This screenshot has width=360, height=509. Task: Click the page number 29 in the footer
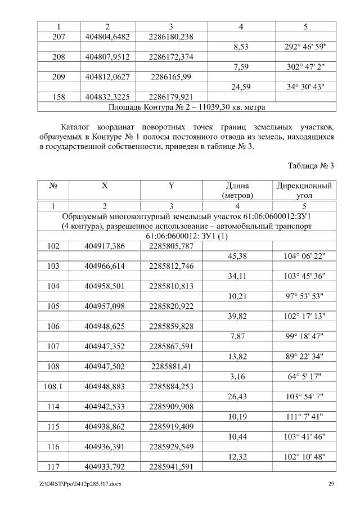coord(331,484)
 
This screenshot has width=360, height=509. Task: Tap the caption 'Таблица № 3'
coord(311,166)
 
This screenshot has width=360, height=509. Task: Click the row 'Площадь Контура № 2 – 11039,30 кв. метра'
coord(186,106)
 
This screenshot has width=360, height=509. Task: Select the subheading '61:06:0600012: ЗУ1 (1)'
coord(186,236)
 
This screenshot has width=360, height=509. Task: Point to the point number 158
coord(53,96)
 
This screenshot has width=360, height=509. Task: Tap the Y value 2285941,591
coord(171,466)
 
